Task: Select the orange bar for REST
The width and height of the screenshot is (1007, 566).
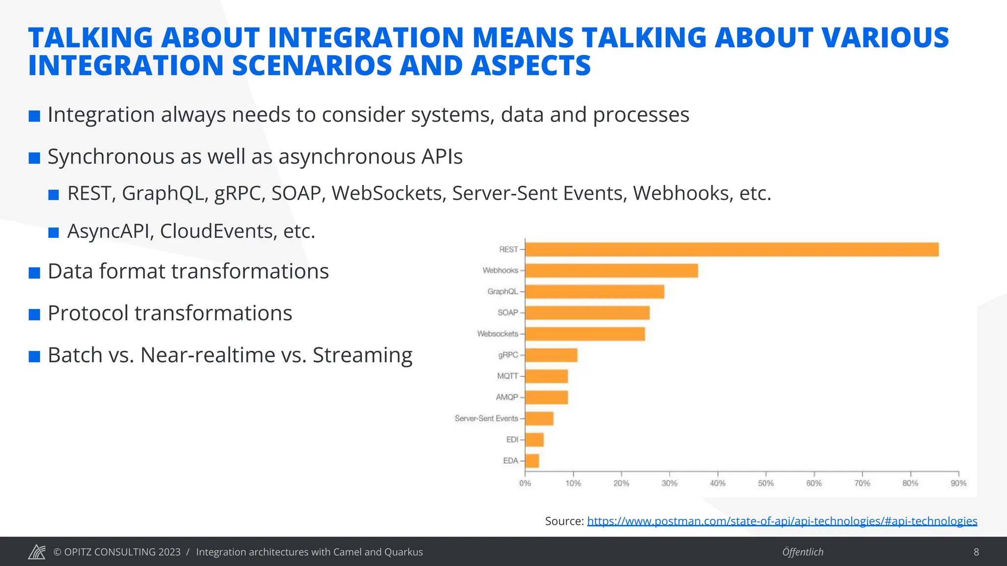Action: point(732,250)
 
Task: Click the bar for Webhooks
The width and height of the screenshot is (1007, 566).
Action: point(611,271)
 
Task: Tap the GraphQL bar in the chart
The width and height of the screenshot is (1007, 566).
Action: point(594,292)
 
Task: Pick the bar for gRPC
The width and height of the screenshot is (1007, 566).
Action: point(551,355)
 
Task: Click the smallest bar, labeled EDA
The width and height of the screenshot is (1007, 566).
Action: point(532,461)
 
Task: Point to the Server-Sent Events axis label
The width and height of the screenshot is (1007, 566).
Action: point(486,419)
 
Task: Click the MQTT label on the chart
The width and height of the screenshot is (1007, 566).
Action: point(507,376)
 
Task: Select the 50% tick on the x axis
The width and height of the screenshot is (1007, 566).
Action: point(766,483)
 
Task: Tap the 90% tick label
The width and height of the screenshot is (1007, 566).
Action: point(958,483)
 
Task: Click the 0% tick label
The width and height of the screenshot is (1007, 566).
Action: point(525,483)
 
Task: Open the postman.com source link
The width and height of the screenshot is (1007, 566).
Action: point(782,521)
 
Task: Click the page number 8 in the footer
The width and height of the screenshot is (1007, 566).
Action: point(976,552)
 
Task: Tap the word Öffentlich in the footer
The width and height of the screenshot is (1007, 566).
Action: point(802,552)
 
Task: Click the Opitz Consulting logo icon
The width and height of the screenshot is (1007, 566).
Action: point(37,552)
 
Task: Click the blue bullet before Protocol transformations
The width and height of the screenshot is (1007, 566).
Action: point(34,314)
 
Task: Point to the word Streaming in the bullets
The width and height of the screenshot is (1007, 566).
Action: point(362,355)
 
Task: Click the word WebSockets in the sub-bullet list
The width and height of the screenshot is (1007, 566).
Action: point(388,194)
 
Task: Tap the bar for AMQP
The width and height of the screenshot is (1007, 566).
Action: point(546,397)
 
